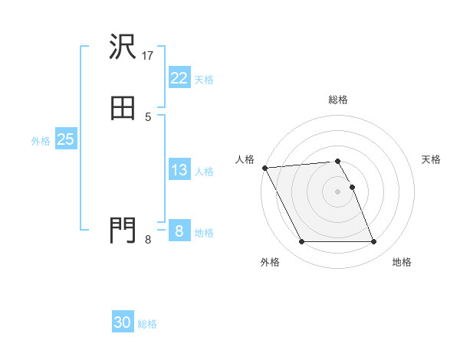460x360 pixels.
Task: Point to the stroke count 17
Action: [x=148, y=56]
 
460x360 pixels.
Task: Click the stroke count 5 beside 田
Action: [x=148, y=116]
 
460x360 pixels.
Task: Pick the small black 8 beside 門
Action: [x=148, y=240]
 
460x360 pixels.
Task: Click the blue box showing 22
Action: [x=179, y=78]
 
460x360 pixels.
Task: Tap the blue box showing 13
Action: [x=179, y=170]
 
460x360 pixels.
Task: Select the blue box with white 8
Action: [x=179, y=231]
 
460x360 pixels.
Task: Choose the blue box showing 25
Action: [x=66, y=139]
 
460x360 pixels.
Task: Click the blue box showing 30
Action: [x=123, y=322]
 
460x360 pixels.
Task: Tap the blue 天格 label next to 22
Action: [x=204, y=80]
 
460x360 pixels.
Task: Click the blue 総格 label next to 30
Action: [x=147, y=324]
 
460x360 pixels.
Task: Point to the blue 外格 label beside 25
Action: [x=41, y=141]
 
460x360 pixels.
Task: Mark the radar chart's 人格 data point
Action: [x=264, y=168]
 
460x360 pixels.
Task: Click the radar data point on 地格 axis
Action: [x=374, y=242]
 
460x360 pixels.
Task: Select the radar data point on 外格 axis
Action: [x=301, y=242]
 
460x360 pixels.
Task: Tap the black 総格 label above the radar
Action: [x=338, y=100]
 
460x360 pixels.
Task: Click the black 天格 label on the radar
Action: [x=432, y=159]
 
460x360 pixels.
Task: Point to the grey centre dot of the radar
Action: [x=338, y=191]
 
